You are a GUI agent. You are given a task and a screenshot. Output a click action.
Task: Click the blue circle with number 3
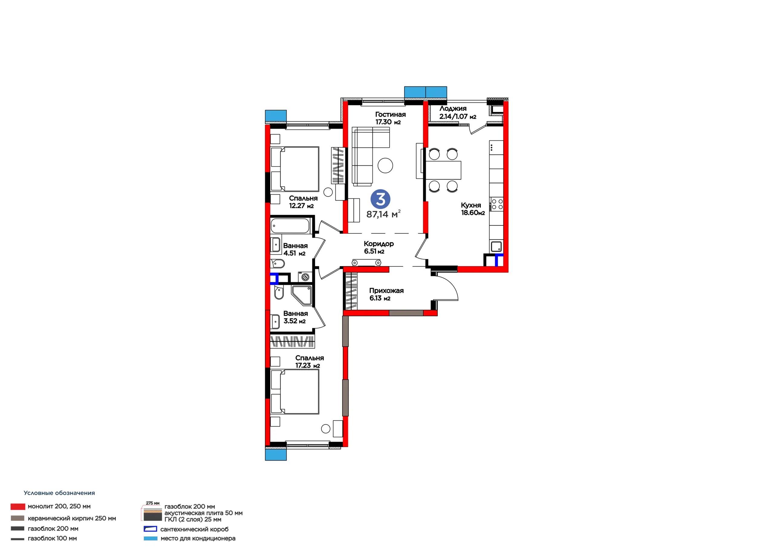click(x=380, y=199)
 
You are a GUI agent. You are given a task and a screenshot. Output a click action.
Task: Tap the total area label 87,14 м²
click(x=383, y=214)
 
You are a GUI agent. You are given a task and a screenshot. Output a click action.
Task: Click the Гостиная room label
click(x=390, y=115)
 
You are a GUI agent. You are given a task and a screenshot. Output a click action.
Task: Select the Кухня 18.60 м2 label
click(x=473, y=209)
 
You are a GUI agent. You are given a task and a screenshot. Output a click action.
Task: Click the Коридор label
click(x=379, y=244)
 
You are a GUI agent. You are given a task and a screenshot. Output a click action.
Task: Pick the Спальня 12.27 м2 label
click(x=303, y=202)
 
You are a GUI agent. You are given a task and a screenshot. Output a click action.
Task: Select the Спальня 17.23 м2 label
click(x=310, y=362)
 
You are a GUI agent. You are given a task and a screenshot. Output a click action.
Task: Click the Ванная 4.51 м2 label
click(x=295, y=249)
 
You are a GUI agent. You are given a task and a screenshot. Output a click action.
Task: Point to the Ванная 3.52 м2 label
click(x=295, y=317)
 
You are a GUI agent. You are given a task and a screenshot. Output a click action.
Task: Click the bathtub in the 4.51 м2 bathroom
click(x=290, y=225)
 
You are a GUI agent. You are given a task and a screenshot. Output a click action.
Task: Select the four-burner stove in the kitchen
click(x=496, y=204)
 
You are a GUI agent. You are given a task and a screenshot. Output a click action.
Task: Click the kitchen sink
click(x=496, y=246)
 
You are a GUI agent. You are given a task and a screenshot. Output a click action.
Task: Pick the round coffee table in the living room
click(x=385, y=166)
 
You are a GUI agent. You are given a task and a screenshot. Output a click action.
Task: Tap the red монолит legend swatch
click(x=18, y=507)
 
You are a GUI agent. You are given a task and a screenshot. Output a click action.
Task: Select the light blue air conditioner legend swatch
click(x=150, y=539)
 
